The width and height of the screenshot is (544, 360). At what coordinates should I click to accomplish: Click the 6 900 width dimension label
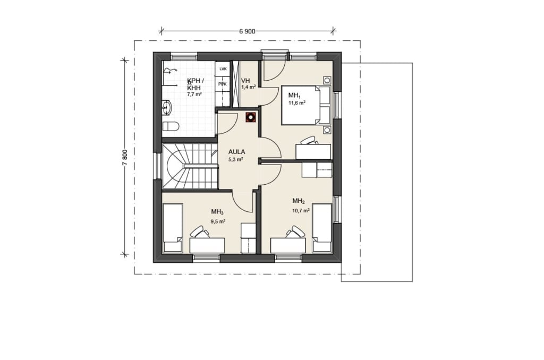click(247, 31)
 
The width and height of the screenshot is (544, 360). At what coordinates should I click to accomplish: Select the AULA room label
click(236, 151)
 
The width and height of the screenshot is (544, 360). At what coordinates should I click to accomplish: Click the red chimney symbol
click(250, 117)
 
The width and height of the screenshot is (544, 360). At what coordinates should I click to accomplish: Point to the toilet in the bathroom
click(171, 126)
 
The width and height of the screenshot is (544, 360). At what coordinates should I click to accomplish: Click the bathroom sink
click(166, 107)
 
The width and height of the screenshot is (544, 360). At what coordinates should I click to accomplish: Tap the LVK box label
click(223, 69)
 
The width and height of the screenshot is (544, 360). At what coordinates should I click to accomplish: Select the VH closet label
click(245, 81)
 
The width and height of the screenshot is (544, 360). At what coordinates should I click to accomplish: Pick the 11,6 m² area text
click(297, 102)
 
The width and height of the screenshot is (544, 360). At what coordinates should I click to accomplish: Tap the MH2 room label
click(299, 201)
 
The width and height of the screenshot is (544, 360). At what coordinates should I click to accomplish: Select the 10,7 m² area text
click(301, 210)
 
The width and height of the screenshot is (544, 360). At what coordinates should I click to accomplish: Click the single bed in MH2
click(322, 228)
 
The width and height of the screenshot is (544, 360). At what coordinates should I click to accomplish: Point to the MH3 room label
click(217, 212)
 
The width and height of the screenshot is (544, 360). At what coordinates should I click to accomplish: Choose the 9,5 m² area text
click(218, 221)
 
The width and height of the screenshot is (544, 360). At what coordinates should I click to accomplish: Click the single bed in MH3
click(173, 228)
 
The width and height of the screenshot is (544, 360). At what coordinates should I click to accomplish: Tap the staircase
click(190, 167)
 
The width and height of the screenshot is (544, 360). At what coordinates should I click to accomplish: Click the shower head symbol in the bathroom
click(170, 71)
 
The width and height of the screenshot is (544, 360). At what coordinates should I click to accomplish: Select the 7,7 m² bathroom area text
click(194, 94)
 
